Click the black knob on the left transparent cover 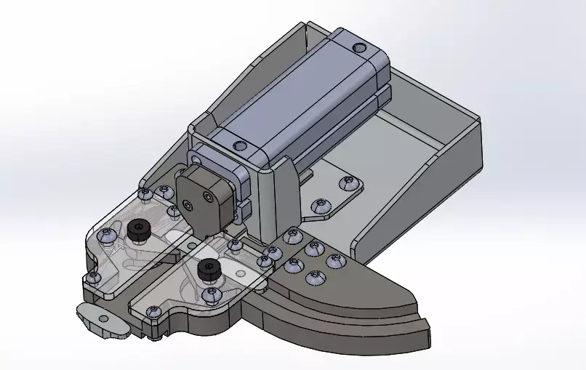pyautogui.click(x=138, y=230)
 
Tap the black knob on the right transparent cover pyautogui.click(x=209, y=269)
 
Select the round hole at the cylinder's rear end pyautogui.click(x=358, y=48)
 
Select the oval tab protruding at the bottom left pyautogui.click(x=98, y=318)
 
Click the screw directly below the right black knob pyautogui.click(x=212, y=295)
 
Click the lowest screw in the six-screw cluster pyautogui.click(x=314, y=277)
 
